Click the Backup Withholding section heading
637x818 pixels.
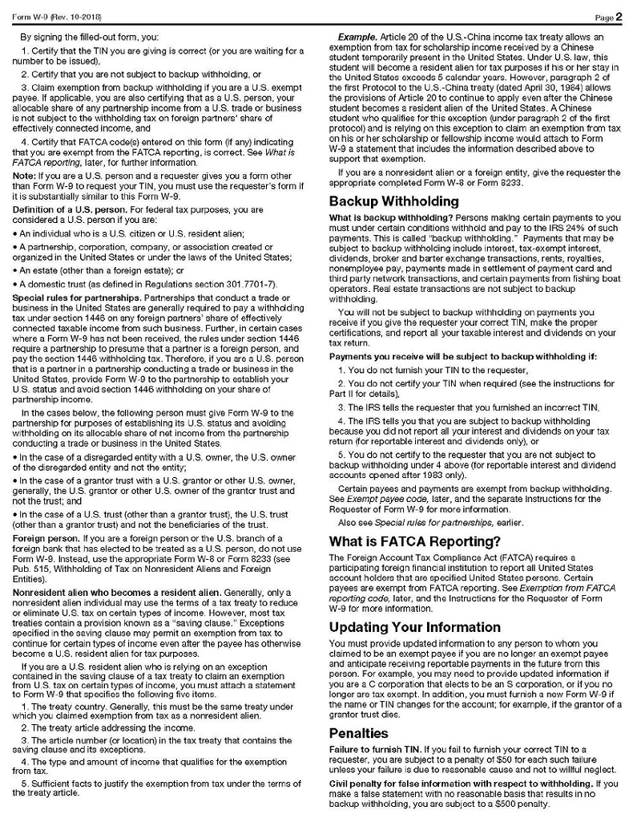coord(393,200)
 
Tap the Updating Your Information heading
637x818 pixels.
coord(414,626)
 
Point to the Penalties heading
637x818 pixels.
coord(358,732)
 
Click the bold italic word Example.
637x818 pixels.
coord(358,38)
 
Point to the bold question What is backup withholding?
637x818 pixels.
coord(381,217)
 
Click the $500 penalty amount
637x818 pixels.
coord(506,803)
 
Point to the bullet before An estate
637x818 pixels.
coord(14,270)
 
